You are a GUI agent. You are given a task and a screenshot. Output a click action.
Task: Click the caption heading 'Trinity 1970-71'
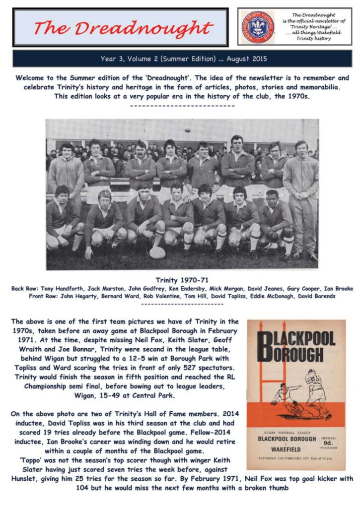(x=180, y=280)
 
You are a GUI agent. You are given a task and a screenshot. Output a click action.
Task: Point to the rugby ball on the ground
(x=157, y=253)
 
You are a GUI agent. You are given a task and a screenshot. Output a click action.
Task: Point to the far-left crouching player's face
(x=62, y=193)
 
